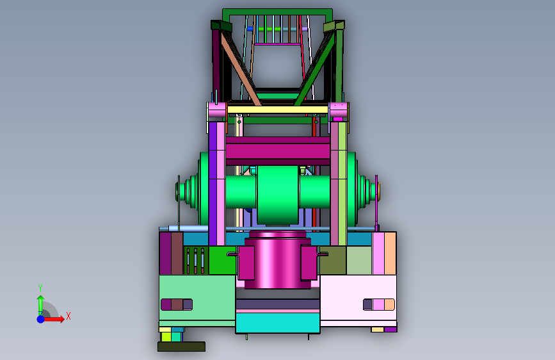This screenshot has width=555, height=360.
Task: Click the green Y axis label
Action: pyautogui.click(x=40, y=288)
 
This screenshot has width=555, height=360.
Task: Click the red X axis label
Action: pyautogui.click(x=68, y=316)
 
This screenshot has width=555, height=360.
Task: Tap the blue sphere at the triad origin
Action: pyautogui.click(x=41, y=319)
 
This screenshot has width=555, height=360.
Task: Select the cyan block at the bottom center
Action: pyautogui.click(x=278, y=322)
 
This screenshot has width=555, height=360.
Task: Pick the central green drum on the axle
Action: pyautogui.click(x=278, y=195)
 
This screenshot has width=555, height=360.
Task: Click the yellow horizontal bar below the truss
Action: pyautogui.click(x=278, y=110)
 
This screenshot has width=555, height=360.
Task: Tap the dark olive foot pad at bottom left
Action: pyautogui.click(x=181, y=347)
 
